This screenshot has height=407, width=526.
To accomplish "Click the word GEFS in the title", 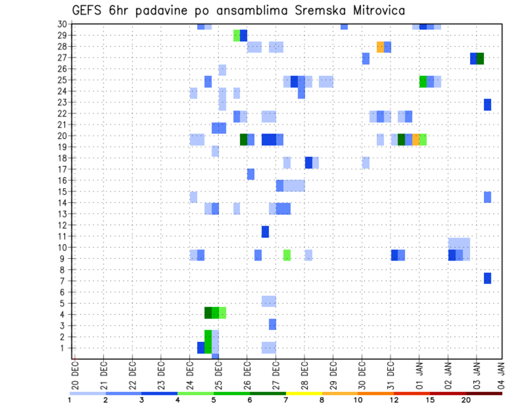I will pyautogui.click(x=87, y=10).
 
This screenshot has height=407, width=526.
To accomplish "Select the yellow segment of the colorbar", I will pyautogui.click(x=304, y=393).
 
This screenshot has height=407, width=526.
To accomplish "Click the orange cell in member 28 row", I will pyautogui.click(x=380, y=47).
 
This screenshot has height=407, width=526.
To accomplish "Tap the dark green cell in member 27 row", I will pyautogui.click(x=480, y=58).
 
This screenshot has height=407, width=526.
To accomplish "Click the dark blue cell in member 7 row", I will pyautogui.click(x=487, y=278).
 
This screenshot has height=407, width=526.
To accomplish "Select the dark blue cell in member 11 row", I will pyautogui.click(x=265, y=231).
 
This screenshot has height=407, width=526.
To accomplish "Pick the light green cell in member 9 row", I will pyautogui.click(x=287, y=255).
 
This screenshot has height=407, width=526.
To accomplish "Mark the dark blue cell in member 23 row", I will pyautogui.click(x=487, y=104).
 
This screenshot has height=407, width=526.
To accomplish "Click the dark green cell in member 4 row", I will pyautogui.click(x=208, y=313).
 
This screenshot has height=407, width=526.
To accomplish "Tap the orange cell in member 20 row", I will pyautogui.click(x=416, y=139).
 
